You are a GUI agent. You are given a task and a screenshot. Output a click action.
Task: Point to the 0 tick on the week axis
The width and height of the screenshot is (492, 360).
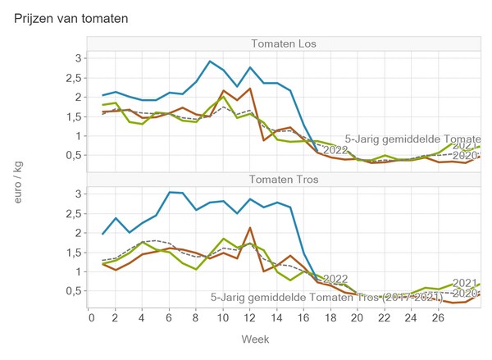pyautogui.click(x=92, y=317)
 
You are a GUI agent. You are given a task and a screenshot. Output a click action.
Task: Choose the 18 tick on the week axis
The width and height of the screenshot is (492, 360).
pyautogui.click(x=329, y=317)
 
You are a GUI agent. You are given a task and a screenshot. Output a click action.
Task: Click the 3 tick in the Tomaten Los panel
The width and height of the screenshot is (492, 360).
pyautogui.click(x=79, y=58)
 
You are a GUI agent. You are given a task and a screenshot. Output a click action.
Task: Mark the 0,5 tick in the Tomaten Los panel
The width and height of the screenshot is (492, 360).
pyautogui.click(x=75, y=155)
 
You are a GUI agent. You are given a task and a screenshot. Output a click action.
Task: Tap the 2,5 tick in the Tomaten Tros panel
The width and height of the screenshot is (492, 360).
pyautogui.click(x=75, y=213)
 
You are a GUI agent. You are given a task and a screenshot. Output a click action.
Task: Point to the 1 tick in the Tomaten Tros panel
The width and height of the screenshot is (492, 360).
pyautogui.click(x=79, y=271)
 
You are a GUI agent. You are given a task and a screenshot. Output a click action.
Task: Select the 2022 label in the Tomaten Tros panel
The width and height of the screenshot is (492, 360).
pyautogui.click(x=335, y=279)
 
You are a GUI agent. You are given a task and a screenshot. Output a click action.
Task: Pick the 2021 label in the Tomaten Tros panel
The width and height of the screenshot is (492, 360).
pyautogui.click(x=464, y=283)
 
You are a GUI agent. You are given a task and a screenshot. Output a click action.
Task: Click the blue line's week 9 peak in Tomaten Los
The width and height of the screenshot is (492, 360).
pyautogui.click(x=211, y=62)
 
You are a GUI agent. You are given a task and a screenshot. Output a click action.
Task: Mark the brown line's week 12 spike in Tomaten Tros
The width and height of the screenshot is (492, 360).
pyautogui.click(x=249, y=228)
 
